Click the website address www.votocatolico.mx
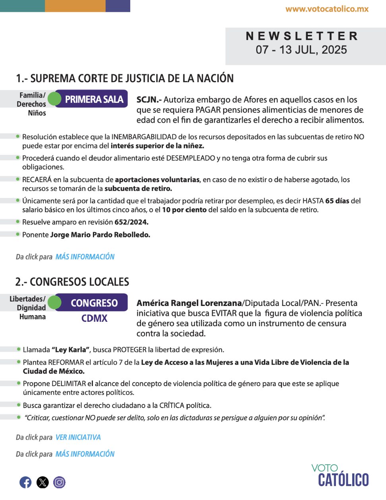(327, 9)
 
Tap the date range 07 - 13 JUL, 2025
(301, 50)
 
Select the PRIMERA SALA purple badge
(94, 99)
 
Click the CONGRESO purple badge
(94, 303)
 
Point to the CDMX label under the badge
(95, 318)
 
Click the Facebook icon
(25, 482)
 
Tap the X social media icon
(42, 482)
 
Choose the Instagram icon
(60, 482)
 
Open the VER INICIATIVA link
(78, 437)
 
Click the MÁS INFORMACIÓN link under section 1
(85, 257)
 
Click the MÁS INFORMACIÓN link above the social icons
(85, 454)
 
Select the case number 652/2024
(131, 222)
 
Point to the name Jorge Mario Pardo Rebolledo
(100, 235)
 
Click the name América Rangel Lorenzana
(189, 303)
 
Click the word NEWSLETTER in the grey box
(302, 36)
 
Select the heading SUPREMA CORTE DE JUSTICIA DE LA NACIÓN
(131, 78)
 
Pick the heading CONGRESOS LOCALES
(79, 282)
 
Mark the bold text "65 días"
(337, 201)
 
